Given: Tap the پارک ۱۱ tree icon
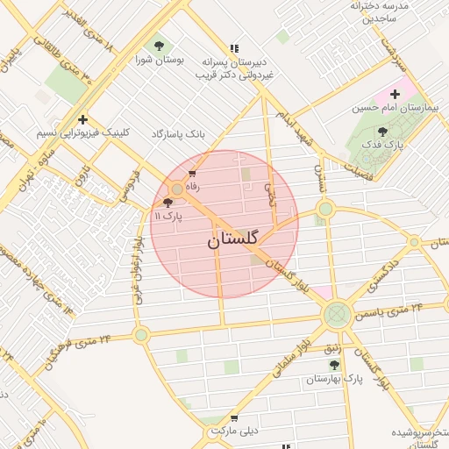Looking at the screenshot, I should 168,203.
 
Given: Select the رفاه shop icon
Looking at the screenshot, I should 192,175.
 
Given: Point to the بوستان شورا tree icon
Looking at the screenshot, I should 159,46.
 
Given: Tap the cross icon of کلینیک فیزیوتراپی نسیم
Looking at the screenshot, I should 82,119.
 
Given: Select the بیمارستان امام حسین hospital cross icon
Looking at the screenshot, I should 395,94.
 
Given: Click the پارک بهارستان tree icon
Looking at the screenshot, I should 332,364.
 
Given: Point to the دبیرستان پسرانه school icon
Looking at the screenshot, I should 233,48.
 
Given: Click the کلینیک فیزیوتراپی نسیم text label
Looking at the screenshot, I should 82,132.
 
